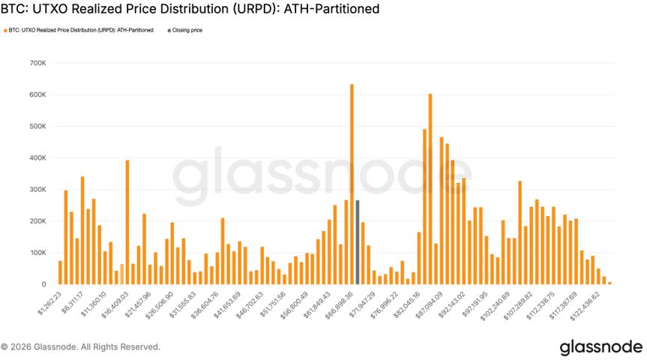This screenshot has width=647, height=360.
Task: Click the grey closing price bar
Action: click(x=358, y=242)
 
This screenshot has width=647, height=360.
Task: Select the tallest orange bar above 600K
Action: click(x=352, y=184)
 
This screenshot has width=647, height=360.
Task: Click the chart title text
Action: click(x=190, y=10)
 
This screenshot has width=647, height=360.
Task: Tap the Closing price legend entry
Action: click(x=187, y=30)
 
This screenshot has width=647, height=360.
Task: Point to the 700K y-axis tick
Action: click(x=37, y=63)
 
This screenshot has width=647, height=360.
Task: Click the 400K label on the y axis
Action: click(x=37, y=158)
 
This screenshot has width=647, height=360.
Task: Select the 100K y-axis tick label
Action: click(x=37, y=253)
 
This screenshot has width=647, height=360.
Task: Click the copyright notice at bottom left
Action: click(x=80, y=347)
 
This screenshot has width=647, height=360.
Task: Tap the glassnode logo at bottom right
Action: click(x=601, y=347)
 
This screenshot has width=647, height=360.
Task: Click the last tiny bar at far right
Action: click(x=610, y=283)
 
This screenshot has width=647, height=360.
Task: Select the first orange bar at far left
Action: click(x=60, y=272)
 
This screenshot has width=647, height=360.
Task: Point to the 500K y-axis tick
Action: click(x=37, y=127)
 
